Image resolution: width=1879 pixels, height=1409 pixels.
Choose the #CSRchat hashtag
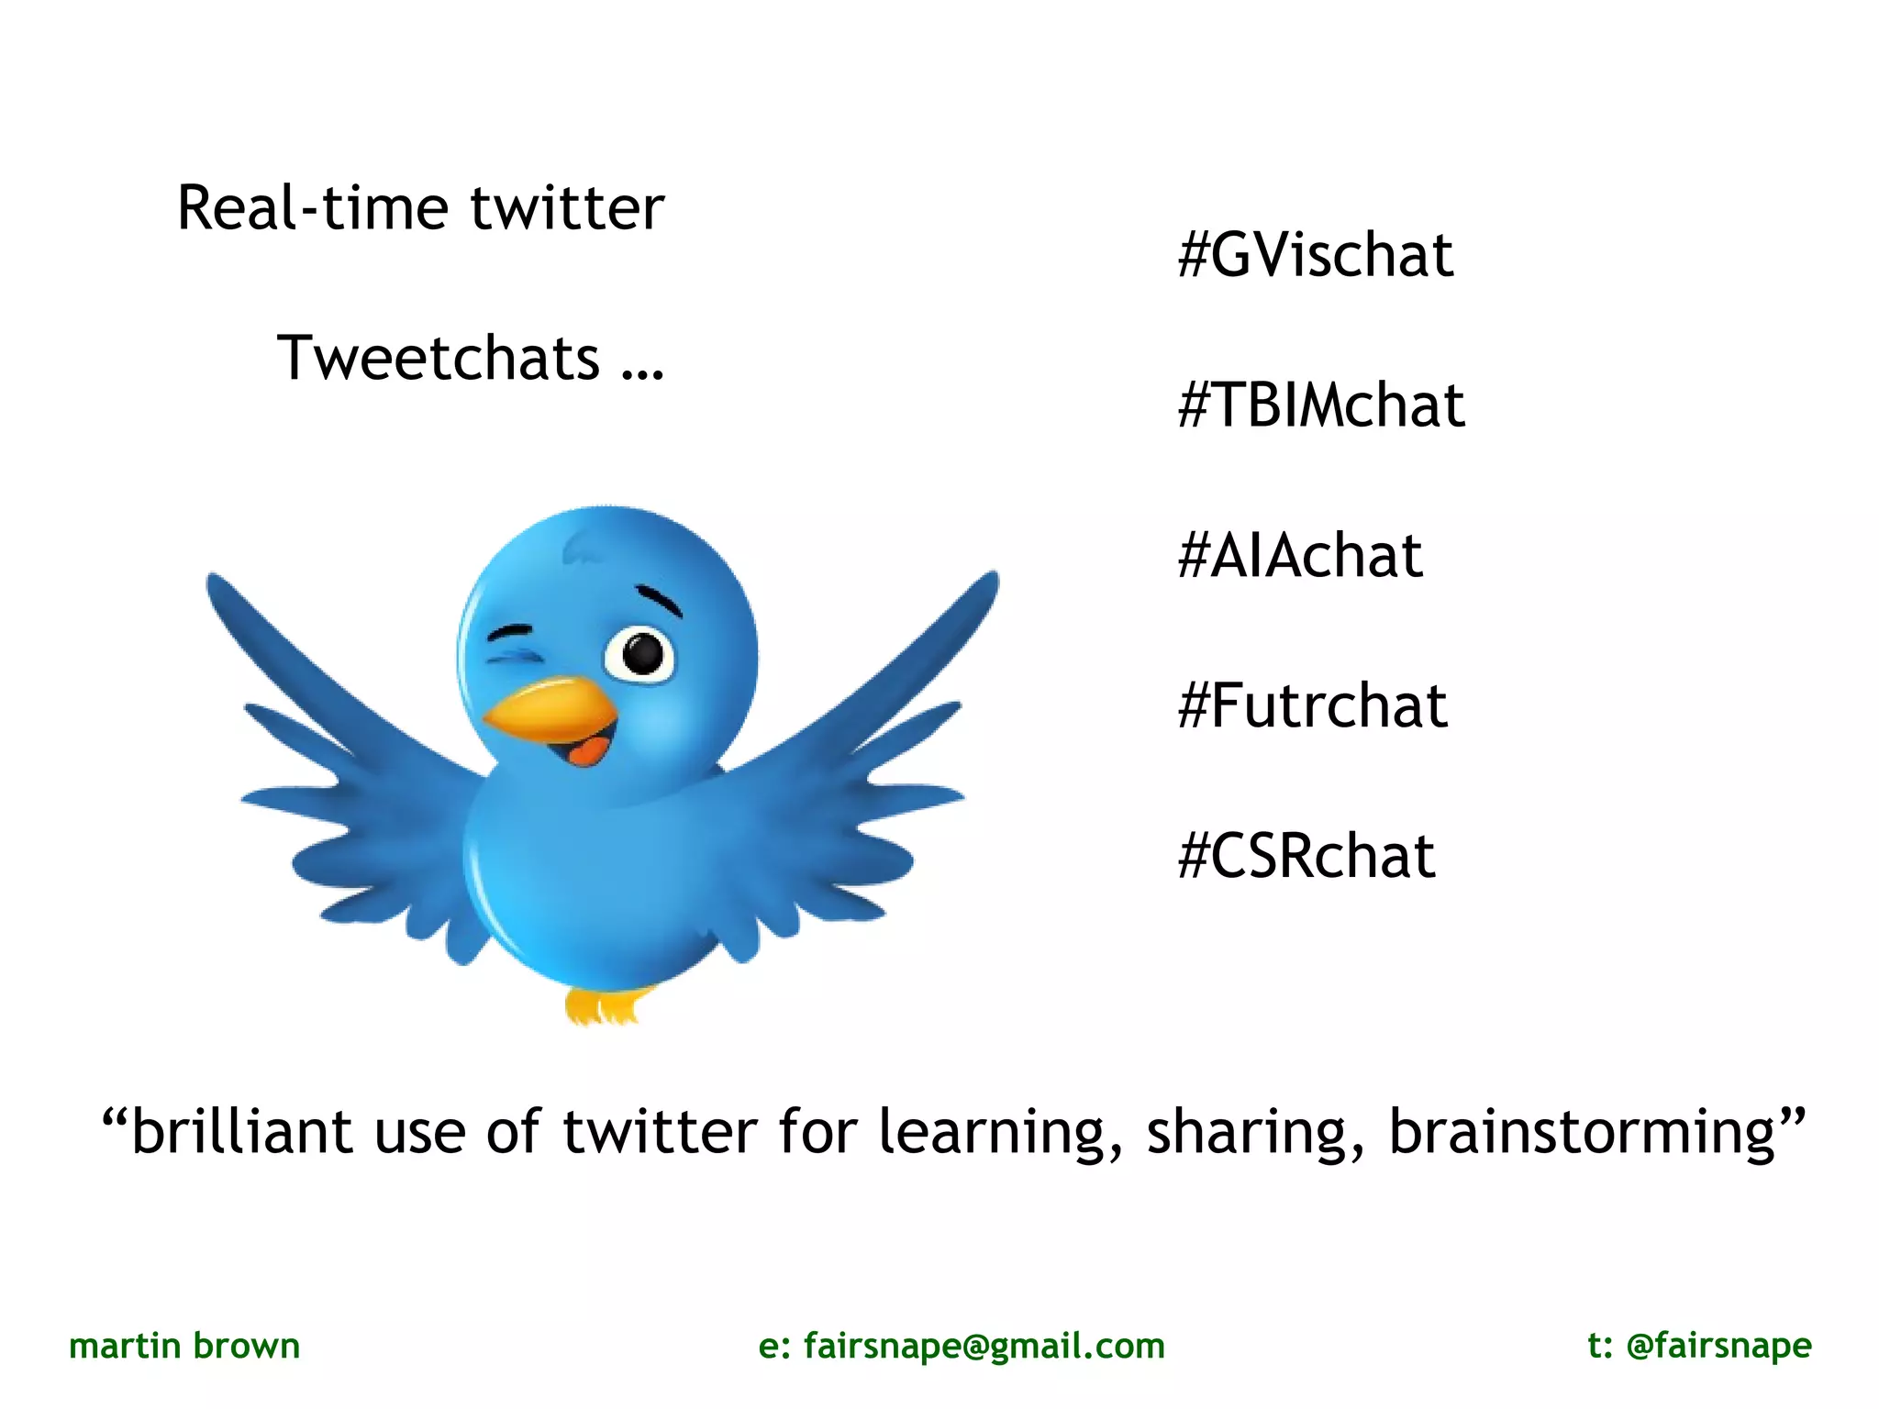[1306, 856]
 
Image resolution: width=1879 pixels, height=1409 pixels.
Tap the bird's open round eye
[640, 653]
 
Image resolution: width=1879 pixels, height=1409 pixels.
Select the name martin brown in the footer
[184, 1346]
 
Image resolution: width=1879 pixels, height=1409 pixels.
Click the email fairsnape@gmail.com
[984, 1346]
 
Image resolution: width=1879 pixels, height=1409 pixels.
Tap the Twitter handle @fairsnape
[1718, 1346]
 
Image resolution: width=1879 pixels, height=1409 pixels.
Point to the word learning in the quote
[998, 1133]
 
